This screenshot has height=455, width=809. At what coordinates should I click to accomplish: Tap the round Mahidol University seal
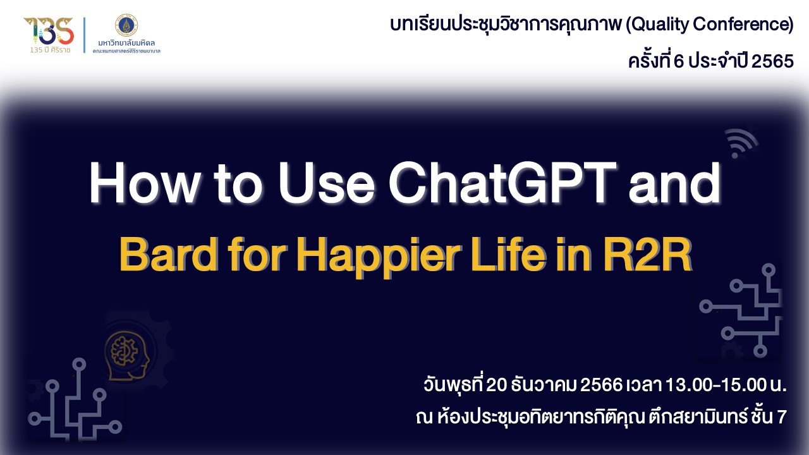pyautogui.click(x=126, y=25)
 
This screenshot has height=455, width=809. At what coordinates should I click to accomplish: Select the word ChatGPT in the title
pyautogui.click(x=502, y=183)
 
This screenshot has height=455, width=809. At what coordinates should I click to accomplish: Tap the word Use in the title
pyautogui.click(x=327, y=183)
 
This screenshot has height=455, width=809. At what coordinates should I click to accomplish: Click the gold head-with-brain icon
pyautogui.click(x=127, y=356)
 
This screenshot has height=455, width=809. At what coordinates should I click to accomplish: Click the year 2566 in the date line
pyautogui.click(x=601, y=385)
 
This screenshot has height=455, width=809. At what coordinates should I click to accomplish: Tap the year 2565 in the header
pyautogui.click(x=772, y=61)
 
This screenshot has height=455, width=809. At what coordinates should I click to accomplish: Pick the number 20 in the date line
pyautogui.click(x=497, y=385)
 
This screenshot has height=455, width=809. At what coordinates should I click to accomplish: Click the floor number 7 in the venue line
pyautogui.click(x=782, y=417)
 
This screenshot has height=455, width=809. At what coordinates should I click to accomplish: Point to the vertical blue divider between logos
pyautogui.click(x=85, y=35)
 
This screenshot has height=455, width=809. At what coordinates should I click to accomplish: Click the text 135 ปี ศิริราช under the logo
pyautogui.click(x=50, y=50)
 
